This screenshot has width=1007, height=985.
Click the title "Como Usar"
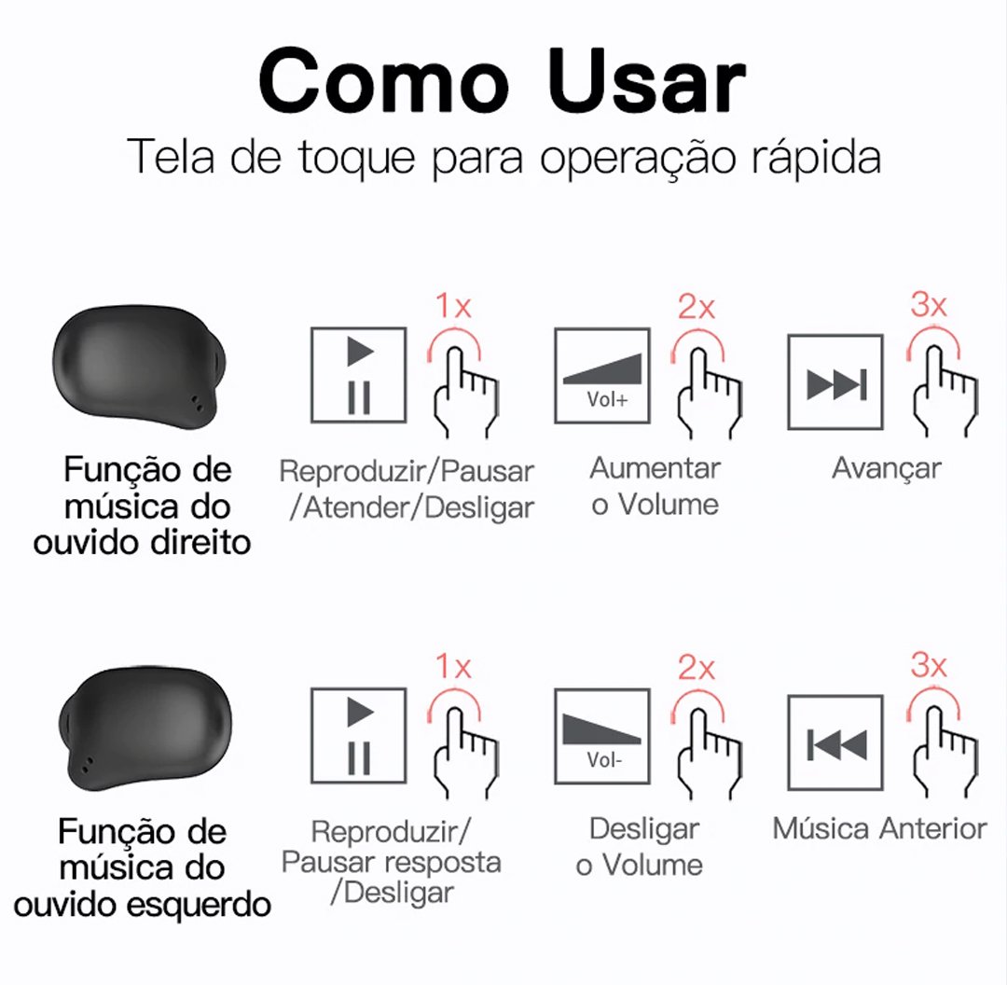click(502, 81)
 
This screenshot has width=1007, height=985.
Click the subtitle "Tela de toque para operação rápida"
click(504, 156)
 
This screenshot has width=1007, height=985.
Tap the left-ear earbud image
click(145, 728)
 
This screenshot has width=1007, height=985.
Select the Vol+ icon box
click(602, 376)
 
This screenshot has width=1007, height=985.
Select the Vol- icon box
click(602, 736)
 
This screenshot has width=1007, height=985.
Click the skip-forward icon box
click(835, 382)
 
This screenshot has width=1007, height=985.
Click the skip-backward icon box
click(835, 742)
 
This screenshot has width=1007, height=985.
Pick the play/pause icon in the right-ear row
click(359, 375)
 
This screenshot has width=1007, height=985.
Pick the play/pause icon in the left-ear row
click(359, 736)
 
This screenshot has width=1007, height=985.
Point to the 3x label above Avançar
click(929, 304)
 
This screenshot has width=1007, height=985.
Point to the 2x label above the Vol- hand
click(697, 668)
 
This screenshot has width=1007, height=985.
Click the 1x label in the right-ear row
click(453, 305)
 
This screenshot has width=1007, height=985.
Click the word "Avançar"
click(887, 469)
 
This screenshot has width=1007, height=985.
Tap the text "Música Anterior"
click(880, 828)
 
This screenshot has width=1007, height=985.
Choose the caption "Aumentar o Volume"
click(655, 486)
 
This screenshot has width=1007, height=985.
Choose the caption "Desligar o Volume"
click(640, 847)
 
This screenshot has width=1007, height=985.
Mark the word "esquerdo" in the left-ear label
click(199, 906)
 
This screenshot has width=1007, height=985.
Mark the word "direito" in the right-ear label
click(200, 542)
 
